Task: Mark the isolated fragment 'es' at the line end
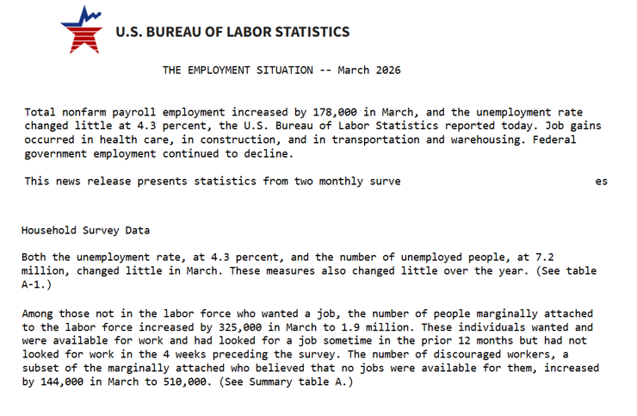click(x=601, y=181)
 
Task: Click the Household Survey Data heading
click(x=85, y=230)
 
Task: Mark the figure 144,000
click(x=60, y=382)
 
